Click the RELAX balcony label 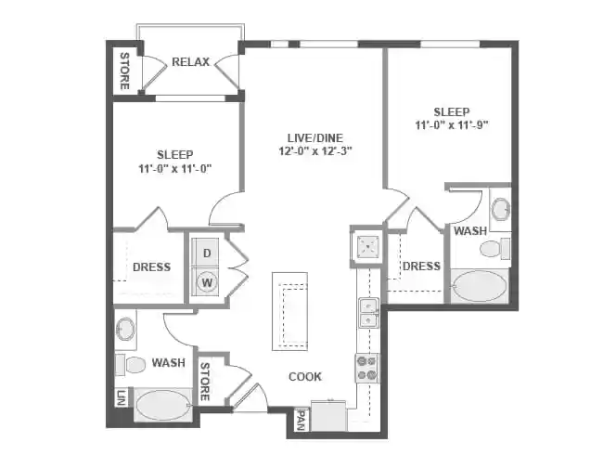tap(190, 62)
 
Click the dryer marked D tap(208, 253)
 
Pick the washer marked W tap(208, 281)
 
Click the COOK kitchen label tap(304, 376)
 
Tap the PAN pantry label tap(301, 422)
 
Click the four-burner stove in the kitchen tap(366, 369)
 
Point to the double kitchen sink tap(367, 313)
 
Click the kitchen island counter tap(289, 312)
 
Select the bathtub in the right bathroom tap(480, 285)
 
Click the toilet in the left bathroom tap(132, 363)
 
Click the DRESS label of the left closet tap(151, 267)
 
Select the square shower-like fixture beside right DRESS tap(365, 245)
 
